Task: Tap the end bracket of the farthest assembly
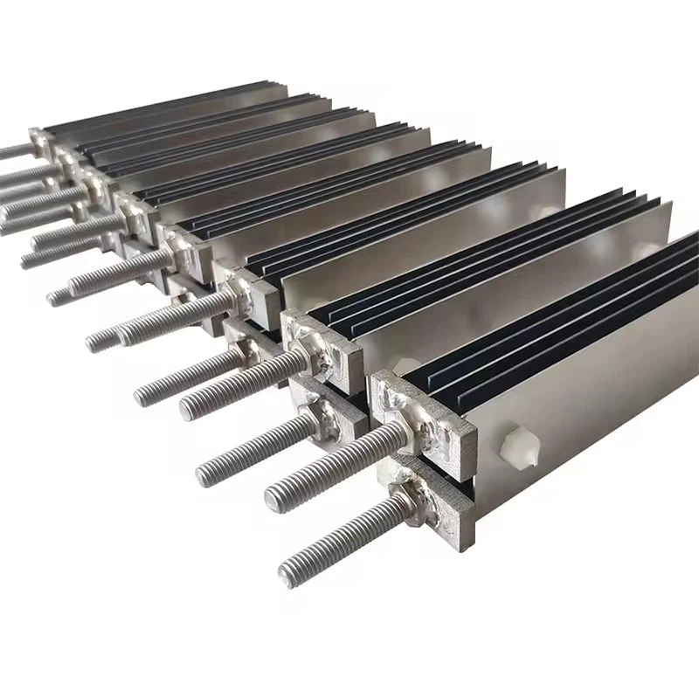pyautogui.click(x=38, y=137)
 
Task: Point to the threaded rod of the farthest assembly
pyautogui.click(x=13, y=150)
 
